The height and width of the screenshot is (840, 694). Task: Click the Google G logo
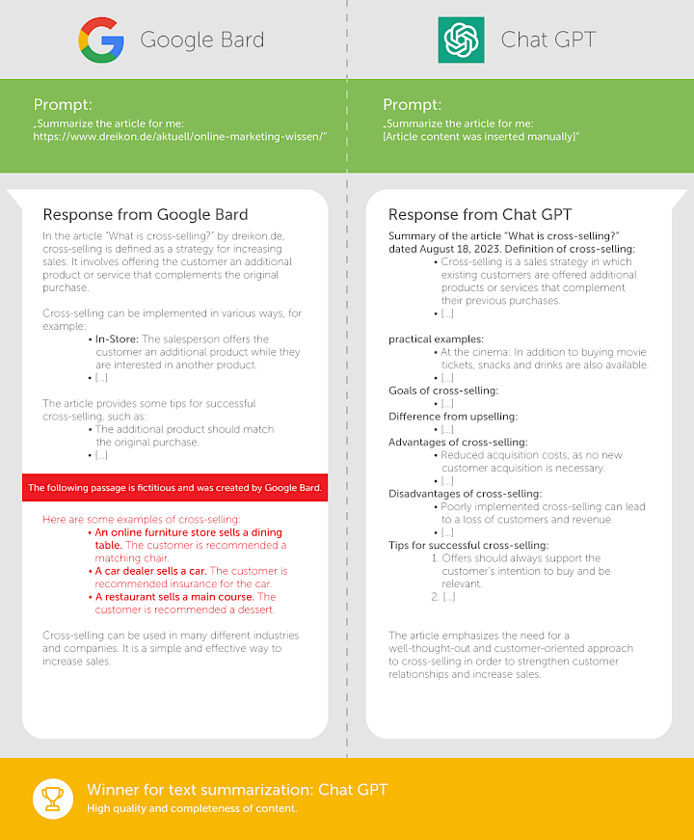coord(101,41)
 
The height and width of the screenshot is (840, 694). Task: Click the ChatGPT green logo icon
coord(461,41)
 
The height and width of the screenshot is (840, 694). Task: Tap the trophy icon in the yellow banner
coord(50,799)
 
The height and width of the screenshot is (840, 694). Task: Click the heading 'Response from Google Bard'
coord(146,214)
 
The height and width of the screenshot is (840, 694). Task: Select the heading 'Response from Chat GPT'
coord(482,214)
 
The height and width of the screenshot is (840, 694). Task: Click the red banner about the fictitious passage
coord(174,488)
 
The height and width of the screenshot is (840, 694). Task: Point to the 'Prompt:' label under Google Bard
coord(63,104)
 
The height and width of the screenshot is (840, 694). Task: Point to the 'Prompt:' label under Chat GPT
coord(412,104)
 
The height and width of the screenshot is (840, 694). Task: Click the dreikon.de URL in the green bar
coord(180,137)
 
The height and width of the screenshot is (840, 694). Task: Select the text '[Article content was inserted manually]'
coord(481,137)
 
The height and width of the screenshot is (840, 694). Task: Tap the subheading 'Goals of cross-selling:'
coord(443,391)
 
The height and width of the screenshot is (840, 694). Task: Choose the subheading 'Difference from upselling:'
coord(453,417)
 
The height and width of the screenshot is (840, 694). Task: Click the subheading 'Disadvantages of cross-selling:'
coord(465,494)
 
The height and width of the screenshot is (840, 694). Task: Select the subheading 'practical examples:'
coord(436,339)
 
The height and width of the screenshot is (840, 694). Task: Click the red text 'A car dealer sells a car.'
coord(150,571)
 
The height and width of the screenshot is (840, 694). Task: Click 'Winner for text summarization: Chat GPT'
coord(237,790)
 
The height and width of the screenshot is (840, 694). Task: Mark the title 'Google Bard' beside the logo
coord(201,41)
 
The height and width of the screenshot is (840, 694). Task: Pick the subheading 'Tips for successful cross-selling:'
coord(468,545)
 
